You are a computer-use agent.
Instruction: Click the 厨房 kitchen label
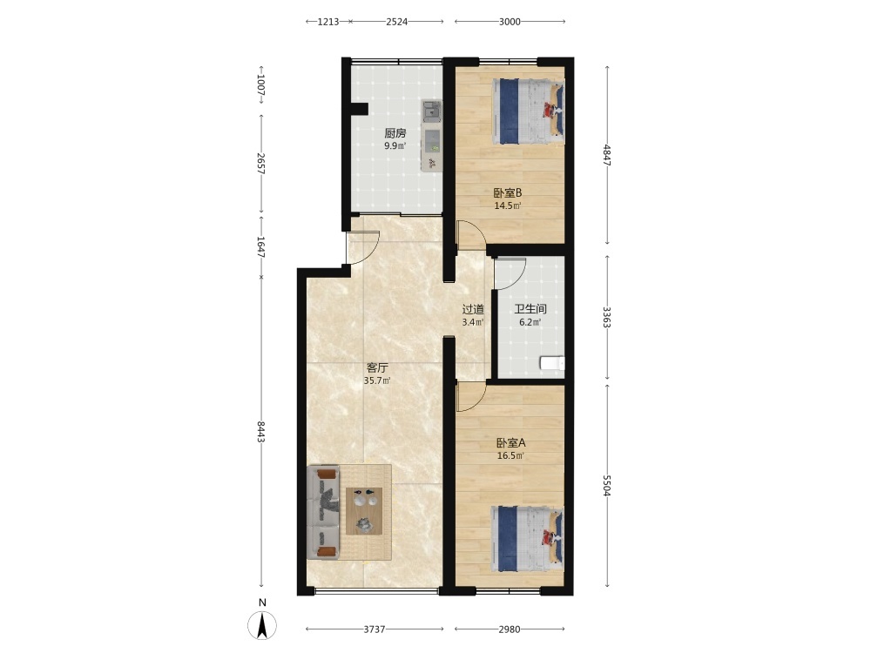(x=395, y=133)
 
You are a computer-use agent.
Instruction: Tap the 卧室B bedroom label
(x=508, y=193)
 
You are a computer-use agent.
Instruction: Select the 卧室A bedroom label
(x=510, y=443)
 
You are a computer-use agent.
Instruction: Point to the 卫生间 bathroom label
(x=530, y=309)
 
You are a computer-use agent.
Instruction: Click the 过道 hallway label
(x=473, y=309)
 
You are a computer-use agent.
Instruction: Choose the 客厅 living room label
(x=377, y=367)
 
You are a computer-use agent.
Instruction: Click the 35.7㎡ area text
(x=377, y=381)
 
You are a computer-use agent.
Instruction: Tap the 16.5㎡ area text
(x=510, y=456)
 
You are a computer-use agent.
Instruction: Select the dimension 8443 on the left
(x=261, y=432)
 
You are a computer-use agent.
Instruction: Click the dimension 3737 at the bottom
(x=375, y=629)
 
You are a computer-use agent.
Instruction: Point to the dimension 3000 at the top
(x=510, y=22)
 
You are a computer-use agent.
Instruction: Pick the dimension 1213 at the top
(x=328, y=22)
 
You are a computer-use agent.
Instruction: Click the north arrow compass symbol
(x=262, y=624)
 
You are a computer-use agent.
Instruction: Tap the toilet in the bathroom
(x=552, y=363)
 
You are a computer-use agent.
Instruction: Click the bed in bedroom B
(x=528, y=111)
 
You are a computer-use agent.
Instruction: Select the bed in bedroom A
(x=528, y=538)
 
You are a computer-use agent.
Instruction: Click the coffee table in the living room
(x=364, y=511)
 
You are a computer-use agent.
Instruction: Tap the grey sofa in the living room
(x=323, y=513)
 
